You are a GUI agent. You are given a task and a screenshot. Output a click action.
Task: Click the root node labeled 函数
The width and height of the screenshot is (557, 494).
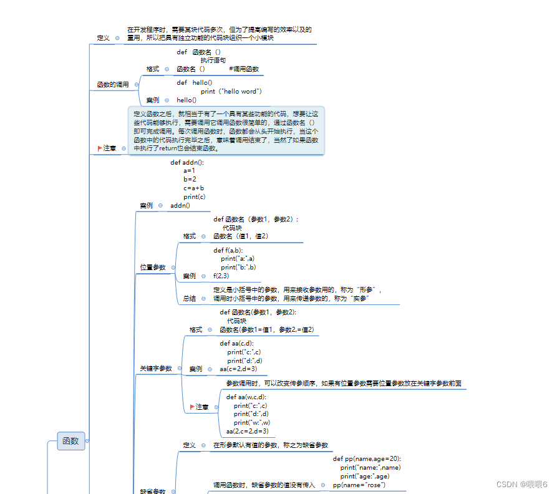pyautogui.click(x=70, y=441)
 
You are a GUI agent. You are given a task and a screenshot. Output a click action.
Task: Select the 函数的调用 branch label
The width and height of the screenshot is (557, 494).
pyautogui.click(x=113, y=84)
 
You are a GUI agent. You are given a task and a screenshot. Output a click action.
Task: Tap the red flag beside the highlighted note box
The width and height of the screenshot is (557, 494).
pyautogui.click(x=100, y=148)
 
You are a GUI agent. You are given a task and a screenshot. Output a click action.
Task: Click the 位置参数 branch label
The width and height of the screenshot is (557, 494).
pyautogui.click(x=153, y=267)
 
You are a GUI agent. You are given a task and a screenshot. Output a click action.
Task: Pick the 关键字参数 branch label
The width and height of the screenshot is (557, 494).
pyautogui.click(x=156, y=369)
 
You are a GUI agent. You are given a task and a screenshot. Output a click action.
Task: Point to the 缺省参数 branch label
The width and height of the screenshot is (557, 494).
pyautogui.click(x=153, y=491)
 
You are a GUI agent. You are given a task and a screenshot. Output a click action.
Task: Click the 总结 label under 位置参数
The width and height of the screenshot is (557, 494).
pyautogui.click(x=189, y=299)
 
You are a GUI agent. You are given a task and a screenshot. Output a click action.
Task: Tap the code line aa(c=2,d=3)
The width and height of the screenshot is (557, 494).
pyautogui.click(x=238, y=369)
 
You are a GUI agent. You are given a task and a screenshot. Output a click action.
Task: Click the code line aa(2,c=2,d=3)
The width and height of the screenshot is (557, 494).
pyautogui.click(x=248, y=431)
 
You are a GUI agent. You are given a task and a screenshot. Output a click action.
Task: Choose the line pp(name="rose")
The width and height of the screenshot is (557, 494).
pyautogui.click(x=359, y=485)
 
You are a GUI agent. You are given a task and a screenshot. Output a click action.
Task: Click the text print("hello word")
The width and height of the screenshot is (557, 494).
pyautogui.click(x=231, y=91)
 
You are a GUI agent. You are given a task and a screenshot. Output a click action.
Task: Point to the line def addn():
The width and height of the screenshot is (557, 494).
pyautogui.click(x=187, y=162)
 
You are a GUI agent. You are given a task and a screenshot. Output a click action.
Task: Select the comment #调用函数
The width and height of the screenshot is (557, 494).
pyautogui.click(x=244, y=69)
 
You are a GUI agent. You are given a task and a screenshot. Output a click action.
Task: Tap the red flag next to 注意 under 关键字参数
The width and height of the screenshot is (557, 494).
pyautogui.click(x=192, y=407)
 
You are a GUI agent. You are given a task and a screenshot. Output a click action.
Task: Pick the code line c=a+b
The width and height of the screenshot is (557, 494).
pyautogui.click(x=194, y=188)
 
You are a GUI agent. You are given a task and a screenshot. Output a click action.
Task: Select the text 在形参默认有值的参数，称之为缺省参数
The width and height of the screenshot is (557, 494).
pyautogui.click(x=270, y=445)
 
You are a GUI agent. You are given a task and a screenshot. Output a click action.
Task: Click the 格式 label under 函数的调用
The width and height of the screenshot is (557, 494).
pyautogui.click(x=153, y=69)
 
